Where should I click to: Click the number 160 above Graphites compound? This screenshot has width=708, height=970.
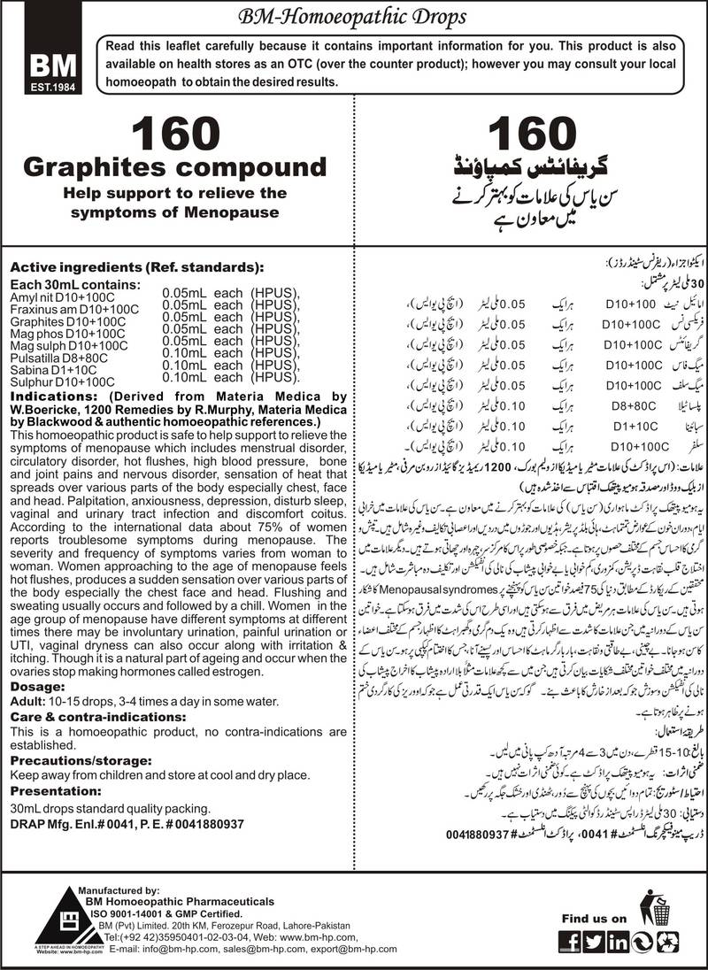(174, 137)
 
